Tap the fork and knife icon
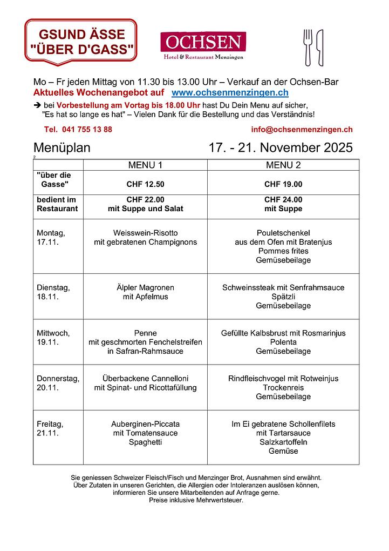click(313, 48)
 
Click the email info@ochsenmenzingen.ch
click(302, 130)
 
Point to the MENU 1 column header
click(145, 165)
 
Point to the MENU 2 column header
click(283, 165)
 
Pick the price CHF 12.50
click(145, 184)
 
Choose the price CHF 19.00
click(283, 184)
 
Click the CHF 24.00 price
click(283, 199)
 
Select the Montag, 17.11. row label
click(51, 237)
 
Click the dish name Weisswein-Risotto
click(145, 233)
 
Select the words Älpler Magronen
click(145, 287)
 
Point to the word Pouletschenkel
click(283, 233)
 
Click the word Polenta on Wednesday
click(283, 342)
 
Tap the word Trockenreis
click(283, 387)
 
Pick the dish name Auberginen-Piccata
click(145, 424)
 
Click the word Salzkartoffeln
click(283, 442)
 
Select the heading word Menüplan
click(62, 148)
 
